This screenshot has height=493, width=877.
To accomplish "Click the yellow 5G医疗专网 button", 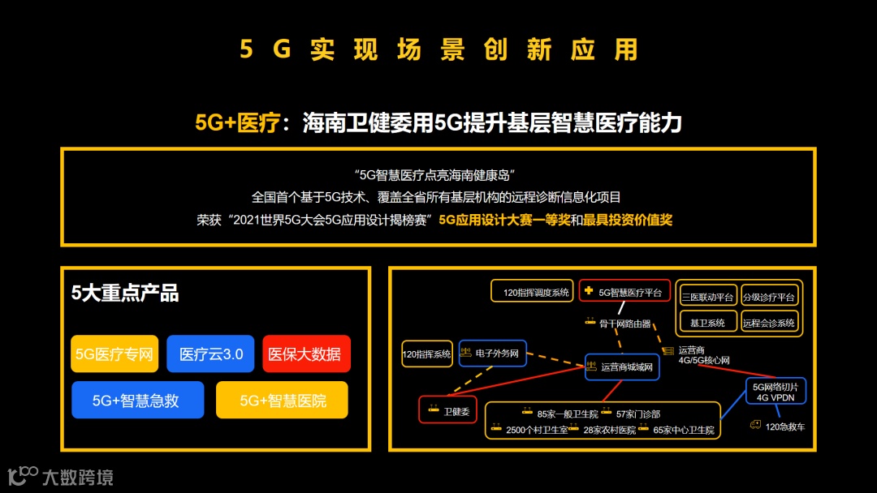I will (114, 354).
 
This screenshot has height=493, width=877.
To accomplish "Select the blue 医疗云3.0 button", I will (211, 354).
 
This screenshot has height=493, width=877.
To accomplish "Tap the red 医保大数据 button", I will (306, 354).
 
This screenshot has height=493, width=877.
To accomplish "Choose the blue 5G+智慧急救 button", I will (137, 400).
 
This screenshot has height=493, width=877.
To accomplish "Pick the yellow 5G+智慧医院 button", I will (282, 400).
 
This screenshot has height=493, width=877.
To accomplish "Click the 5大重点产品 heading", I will (125, 294).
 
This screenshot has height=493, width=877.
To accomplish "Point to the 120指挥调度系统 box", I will (531, 291).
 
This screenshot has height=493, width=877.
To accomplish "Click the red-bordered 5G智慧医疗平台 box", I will (624, 291).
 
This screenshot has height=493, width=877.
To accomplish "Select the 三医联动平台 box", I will (707, 297).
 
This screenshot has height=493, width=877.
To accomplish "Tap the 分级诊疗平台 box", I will (768, 297).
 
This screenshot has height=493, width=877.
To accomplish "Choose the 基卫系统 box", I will (707, 322).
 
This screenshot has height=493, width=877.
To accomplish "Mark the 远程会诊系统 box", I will (768, 322).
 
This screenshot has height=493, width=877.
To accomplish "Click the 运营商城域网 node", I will (622, 367).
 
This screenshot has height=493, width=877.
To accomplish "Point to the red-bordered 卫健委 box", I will (447, 410).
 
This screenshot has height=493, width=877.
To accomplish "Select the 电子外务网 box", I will (492, 353).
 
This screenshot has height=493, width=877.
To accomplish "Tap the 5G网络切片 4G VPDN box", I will (775, 392).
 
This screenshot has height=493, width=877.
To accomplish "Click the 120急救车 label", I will (780, 427).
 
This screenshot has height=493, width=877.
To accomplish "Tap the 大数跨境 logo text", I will (77, 477).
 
